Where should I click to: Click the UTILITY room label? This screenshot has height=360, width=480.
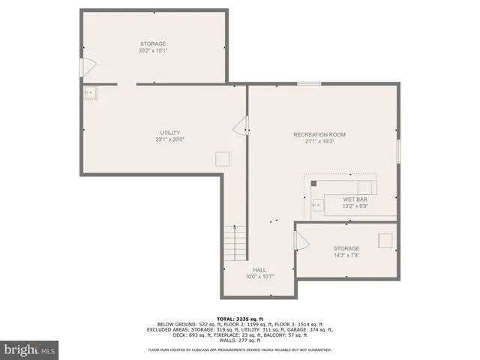point(169,133)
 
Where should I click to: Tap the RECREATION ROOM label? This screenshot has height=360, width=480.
point(319,134)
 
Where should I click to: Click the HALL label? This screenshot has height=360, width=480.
point(259,270)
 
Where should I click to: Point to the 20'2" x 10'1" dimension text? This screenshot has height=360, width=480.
point(152,51)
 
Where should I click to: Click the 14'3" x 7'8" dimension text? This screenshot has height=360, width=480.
point(346,256)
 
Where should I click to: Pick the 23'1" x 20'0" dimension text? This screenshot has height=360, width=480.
point(169,140)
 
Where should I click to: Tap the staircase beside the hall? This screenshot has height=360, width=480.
point(235,244)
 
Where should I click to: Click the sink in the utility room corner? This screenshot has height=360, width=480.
point(91,93)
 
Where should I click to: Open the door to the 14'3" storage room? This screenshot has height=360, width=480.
point(301,242)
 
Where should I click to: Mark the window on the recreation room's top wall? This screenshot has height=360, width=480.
point(309,84)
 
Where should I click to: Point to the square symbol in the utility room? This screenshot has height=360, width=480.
point(223,158)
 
